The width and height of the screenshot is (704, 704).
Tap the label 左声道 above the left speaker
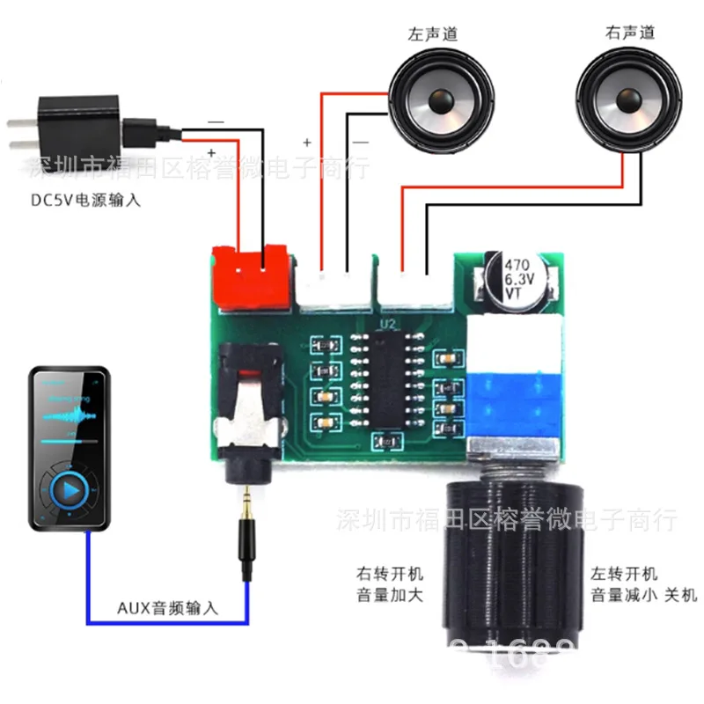pos(432,34)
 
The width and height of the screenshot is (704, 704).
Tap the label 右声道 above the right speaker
pos(630,33)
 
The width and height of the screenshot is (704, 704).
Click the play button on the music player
pos(70,490)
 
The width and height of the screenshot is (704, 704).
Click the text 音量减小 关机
pos(642,596)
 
